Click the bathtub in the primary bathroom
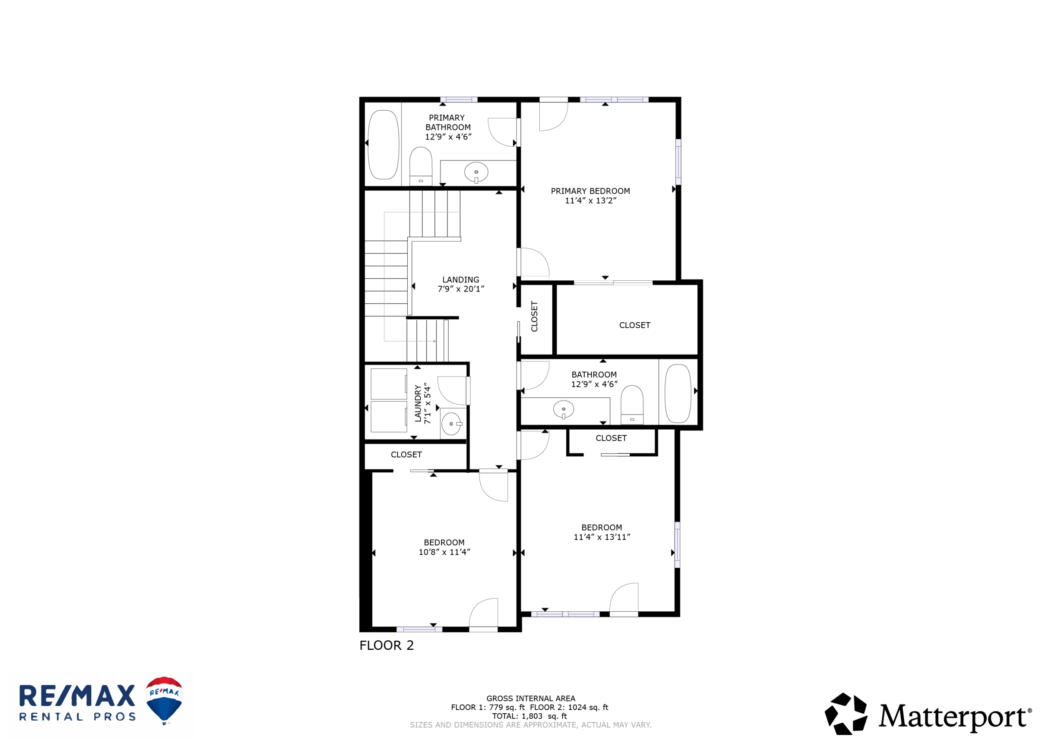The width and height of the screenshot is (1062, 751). coord(383,144)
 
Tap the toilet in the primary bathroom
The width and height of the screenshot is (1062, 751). coord(421,166)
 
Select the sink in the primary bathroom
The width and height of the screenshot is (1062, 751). coord(476,173)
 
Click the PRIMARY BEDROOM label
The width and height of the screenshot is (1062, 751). coord(590,191)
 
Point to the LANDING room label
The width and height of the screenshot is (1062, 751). coord(461,280)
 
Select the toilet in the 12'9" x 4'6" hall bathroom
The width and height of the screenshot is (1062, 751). coord(632,405)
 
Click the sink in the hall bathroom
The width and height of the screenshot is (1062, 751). coord(563,410)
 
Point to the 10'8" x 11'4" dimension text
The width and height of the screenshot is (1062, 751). coord(444,552)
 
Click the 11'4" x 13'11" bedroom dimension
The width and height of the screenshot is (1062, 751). coord(602,537)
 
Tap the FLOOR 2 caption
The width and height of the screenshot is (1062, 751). coord(387,645)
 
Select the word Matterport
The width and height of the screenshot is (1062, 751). coord(954,717)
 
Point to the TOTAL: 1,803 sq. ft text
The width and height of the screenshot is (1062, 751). coord(530,716)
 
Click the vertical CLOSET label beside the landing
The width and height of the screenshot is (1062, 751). coord(534,316)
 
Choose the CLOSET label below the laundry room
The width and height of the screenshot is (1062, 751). coord(406,454)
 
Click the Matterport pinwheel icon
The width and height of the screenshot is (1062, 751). coord(846,714)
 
